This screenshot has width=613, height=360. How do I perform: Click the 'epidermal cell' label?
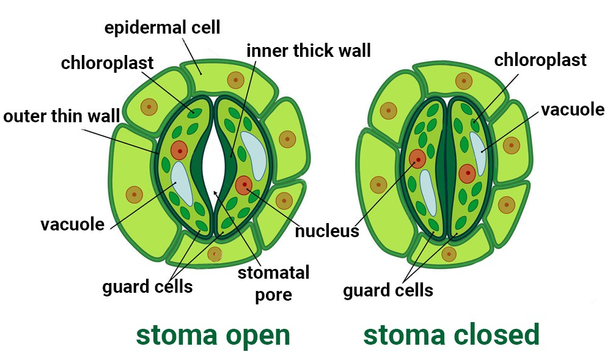162,28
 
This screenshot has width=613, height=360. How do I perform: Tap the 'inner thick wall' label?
309,50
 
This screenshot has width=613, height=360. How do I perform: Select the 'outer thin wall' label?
61,117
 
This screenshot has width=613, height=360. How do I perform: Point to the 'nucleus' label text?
326,232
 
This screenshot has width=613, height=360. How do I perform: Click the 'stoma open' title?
213,335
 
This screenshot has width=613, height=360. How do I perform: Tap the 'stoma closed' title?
452,335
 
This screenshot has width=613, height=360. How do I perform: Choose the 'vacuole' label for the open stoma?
73,224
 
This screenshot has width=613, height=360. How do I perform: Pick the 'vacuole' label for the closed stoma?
573,110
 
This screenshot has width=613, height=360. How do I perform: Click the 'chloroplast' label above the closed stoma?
540,60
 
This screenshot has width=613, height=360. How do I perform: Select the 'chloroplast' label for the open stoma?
108,63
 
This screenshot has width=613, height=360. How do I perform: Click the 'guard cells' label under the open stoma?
147,286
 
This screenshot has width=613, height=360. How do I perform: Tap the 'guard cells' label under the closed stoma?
388,290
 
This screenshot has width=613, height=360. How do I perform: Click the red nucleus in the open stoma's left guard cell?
179,150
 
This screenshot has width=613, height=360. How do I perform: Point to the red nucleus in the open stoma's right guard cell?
244,184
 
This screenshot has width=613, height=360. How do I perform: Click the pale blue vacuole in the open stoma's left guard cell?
182,183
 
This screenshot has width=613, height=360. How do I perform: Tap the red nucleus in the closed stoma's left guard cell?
417,159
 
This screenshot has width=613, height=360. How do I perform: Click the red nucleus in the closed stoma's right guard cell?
467,173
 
